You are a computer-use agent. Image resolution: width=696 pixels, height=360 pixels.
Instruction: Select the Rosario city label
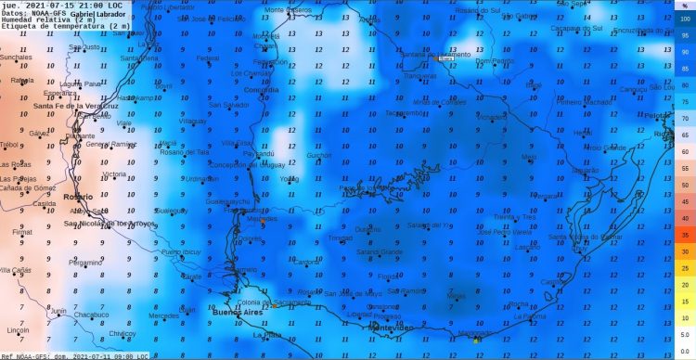click(79, 197)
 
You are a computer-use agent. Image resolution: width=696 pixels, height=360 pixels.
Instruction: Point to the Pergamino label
click(85, 263)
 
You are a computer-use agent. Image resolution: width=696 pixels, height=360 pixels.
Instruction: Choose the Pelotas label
click(655, 116)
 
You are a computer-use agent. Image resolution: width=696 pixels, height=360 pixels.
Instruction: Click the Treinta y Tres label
click(516, 216)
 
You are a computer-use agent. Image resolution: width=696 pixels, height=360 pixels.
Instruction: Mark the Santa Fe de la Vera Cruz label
click(77, 106)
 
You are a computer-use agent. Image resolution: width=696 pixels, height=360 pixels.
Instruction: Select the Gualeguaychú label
click(227, 200)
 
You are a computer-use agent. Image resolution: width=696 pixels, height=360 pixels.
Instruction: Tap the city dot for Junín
click(58, 315)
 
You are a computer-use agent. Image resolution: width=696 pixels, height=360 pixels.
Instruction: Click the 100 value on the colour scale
click(684, 19)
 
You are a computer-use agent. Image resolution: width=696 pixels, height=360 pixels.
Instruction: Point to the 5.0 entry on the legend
click(684, 335)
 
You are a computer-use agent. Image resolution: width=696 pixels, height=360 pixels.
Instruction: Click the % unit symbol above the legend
click(684, 6)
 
